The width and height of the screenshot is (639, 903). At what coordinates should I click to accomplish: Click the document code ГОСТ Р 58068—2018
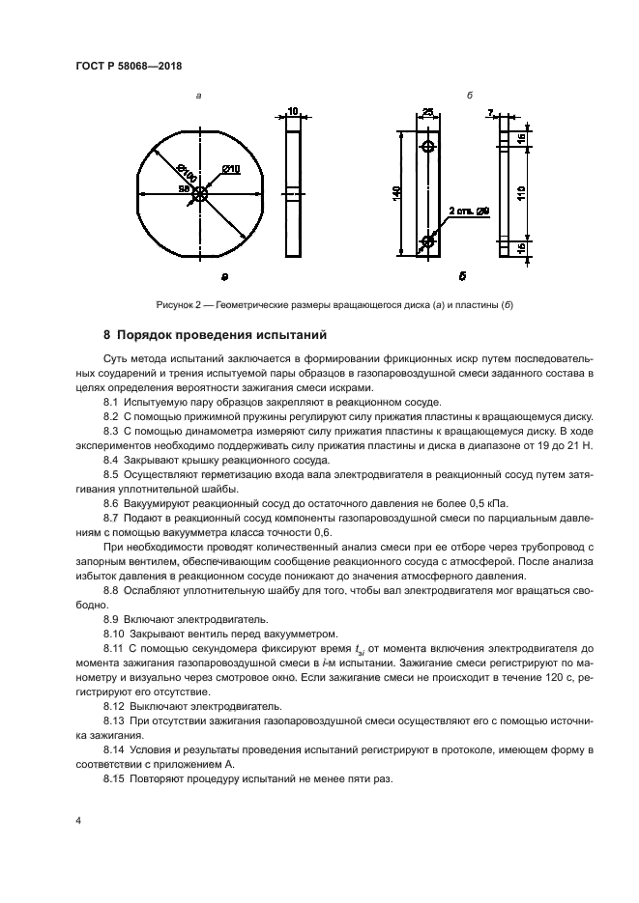[129, 66]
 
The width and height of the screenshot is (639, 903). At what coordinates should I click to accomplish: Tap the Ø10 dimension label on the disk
[230, 170]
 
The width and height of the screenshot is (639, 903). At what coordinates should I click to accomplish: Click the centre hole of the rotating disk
[199, 193]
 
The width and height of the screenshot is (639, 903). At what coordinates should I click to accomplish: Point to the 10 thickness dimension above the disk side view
[293, 112]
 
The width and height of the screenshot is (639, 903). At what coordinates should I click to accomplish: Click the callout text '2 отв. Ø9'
[469, 210]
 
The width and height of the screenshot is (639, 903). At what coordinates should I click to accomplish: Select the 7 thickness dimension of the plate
[490, 113]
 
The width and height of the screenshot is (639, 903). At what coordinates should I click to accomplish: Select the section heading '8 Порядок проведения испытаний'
[216, 336]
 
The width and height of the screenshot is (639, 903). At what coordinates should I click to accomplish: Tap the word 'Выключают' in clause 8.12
[157, 707]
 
